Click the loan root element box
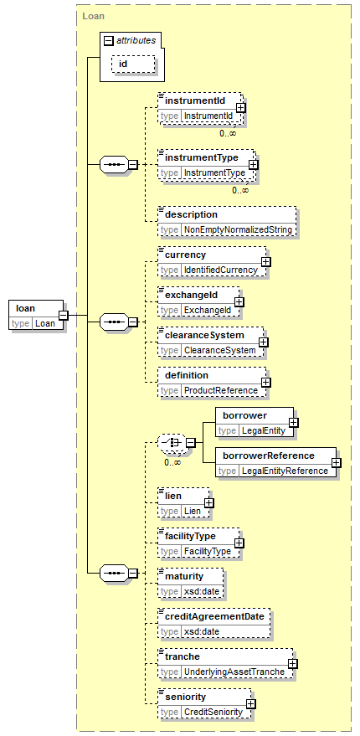pyautogui.click(x=36, y=315)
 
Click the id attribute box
pyautogui.click(x=133, y=64)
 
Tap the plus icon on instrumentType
pyautogui.click(x=253, y=165)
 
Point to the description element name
pyautogui.click(x=192, y=214)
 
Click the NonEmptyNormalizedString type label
pyautogui.click(x=238, y=230)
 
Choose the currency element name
pyautogui.click(x=185, y=255)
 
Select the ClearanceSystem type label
pyautogui.click(x=219, y=350)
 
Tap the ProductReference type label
pyautogui.click(x=220, y=390)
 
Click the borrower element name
pyautogui.click(x=245, y=415)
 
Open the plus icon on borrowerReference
pyautogui.click(x=336, y=462)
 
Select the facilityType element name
pyautogui.click(x=191, y=535)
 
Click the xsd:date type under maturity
pyautogui.click(x=201, y=591)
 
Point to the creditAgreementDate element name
pyautogui.click(x=214, y=615)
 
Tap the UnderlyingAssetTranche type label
pyautogui.click(x=234, y=672)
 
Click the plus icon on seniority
pyautogui.click(x=251, y=703)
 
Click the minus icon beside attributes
pyautogui.click(x=109, y=41)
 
